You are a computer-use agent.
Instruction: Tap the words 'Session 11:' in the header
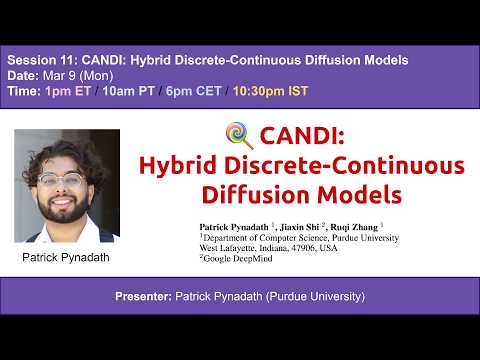tap(36, 60)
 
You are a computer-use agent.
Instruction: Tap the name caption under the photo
tap(67, 256)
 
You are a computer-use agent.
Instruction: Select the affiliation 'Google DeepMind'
tap(239, 258)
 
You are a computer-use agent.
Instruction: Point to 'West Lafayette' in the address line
tap(233, 248)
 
